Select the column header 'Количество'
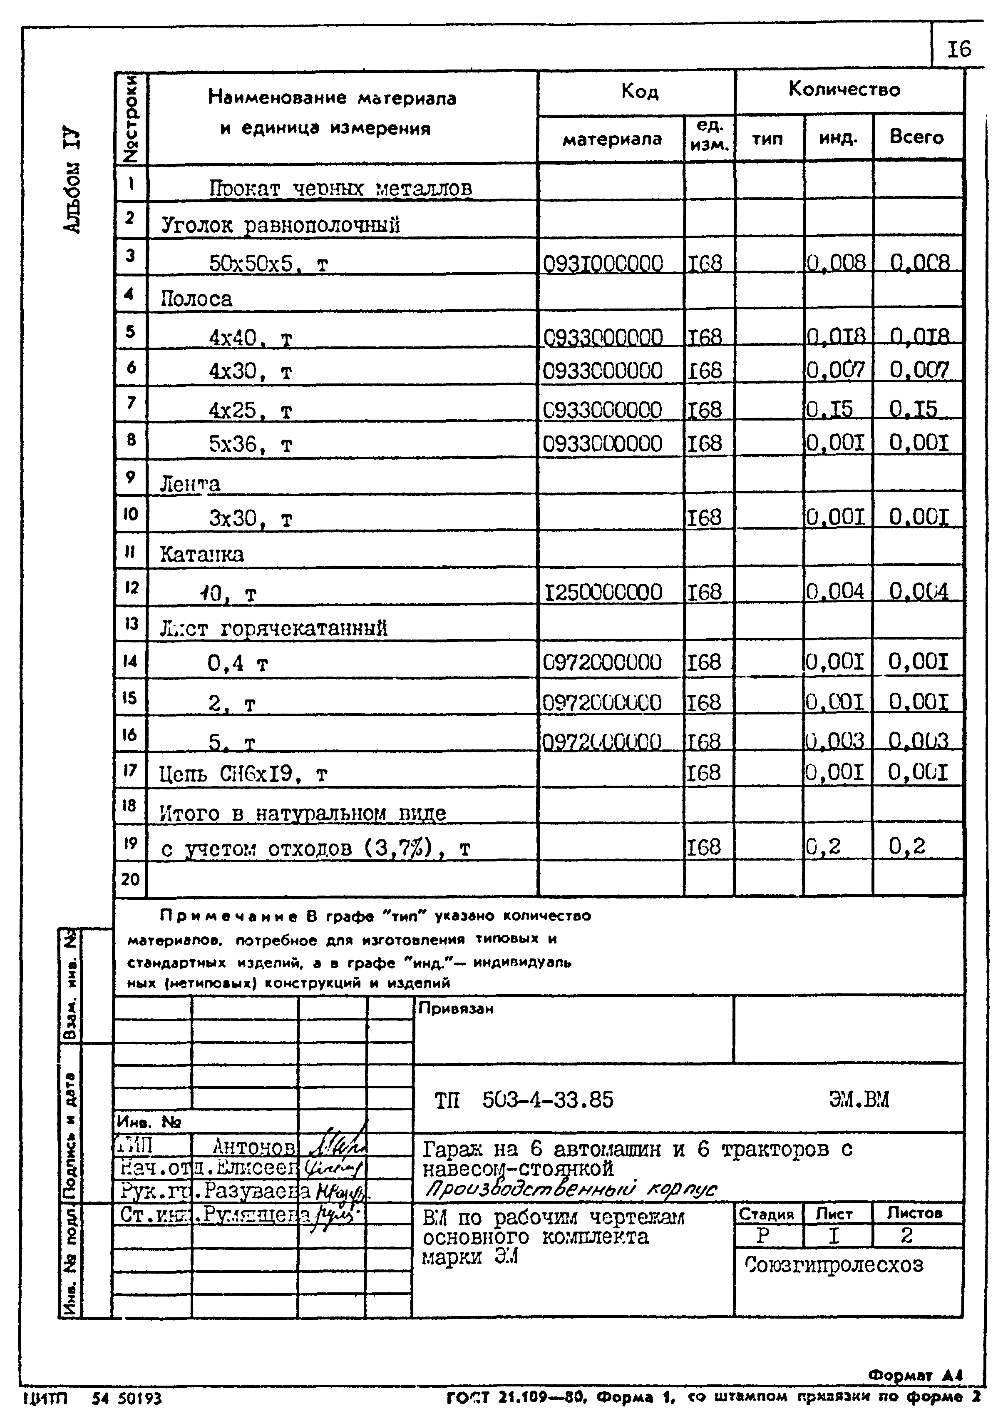tap(844, 90)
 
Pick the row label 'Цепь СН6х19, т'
tap(243, 774)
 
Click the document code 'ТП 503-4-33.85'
tap(523, 1100)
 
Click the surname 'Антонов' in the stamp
tap(253, 1146)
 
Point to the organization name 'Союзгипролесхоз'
tap(834, 1264)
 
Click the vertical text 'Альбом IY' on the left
tap(72, 180)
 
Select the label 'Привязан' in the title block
tap(456, 1009)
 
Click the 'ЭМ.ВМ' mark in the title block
tap(859, 1100)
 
